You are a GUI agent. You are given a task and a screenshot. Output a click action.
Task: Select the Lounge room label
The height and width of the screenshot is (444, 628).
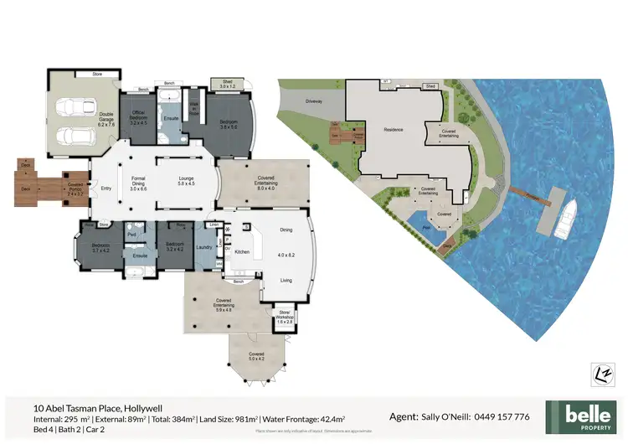click(x=186, y=180)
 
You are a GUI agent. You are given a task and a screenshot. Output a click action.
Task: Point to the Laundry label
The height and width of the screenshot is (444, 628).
click(x=203, y=246)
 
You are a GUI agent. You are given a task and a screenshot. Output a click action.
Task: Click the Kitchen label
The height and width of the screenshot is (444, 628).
click(x=242, y=251)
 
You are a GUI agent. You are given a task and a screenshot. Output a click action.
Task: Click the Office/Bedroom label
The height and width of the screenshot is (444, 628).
click(x=138, y=116)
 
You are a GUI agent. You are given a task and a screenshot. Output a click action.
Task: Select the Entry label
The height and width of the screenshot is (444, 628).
click(x=106, y=188)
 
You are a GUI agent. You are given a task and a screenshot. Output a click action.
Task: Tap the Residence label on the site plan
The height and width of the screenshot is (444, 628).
click(x=393, y=130)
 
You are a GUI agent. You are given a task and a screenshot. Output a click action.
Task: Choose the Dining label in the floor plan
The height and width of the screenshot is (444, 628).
click(x=286, y=229)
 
